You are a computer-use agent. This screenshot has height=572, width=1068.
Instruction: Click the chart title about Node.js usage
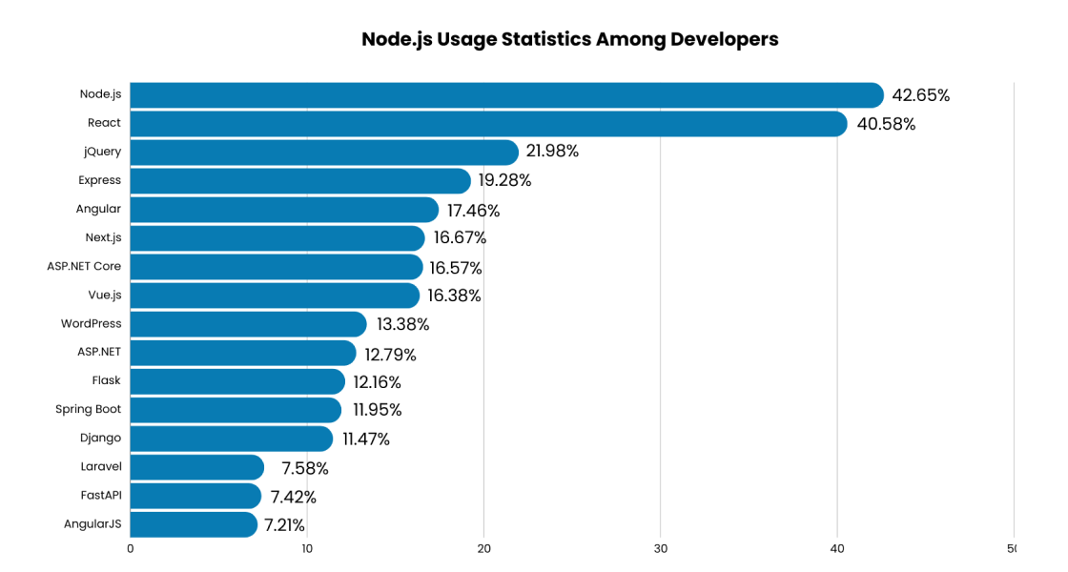(569, 39)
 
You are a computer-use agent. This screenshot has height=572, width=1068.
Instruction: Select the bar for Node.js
(506, 95)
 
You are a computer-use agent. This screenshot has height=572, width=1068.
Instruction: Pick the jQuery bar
(324, 153)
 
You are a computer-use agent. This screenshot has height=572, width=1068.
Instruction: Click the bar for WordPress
(248, 324)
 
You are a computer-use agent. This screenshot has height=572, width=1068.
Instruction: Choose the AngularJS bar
(194, 524)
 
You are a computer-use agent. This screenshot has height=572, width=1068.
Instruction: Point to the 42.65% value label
(920, 95)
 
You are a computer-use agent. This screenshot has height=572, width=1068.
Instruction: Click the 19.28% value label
(504, 180)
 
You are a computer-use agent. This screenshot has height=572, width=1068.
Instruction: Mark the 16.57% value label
(456, 268)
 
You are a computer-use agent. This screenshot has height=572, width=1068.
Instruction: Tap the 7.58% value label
(305, 468)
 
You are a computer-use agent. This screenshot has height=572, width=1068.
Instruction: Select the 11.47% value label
(366, 439)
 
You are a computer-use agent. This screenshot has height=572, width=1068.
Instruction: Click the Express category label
(99, 180)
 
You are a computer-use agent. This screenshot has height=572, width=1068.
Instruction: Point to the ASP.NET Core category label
(84, 266)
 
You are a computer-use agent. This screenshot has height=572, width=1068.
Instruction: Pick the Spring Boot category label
(88, 409)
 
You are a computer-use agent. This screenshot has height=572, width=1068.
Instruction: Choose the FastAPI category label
(101, 495)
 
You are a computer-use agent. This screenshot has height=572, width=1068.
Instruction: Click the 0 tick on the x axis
(131, 548)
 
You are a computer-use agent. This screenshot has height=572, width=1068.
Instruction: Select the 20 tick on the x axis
(483, 548)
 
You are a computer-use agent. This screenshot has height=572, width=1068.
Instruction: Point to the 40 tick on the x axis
(837, 548)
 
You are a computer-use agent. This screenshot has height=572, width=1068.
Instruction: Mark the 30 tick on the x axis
(661, 548)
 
